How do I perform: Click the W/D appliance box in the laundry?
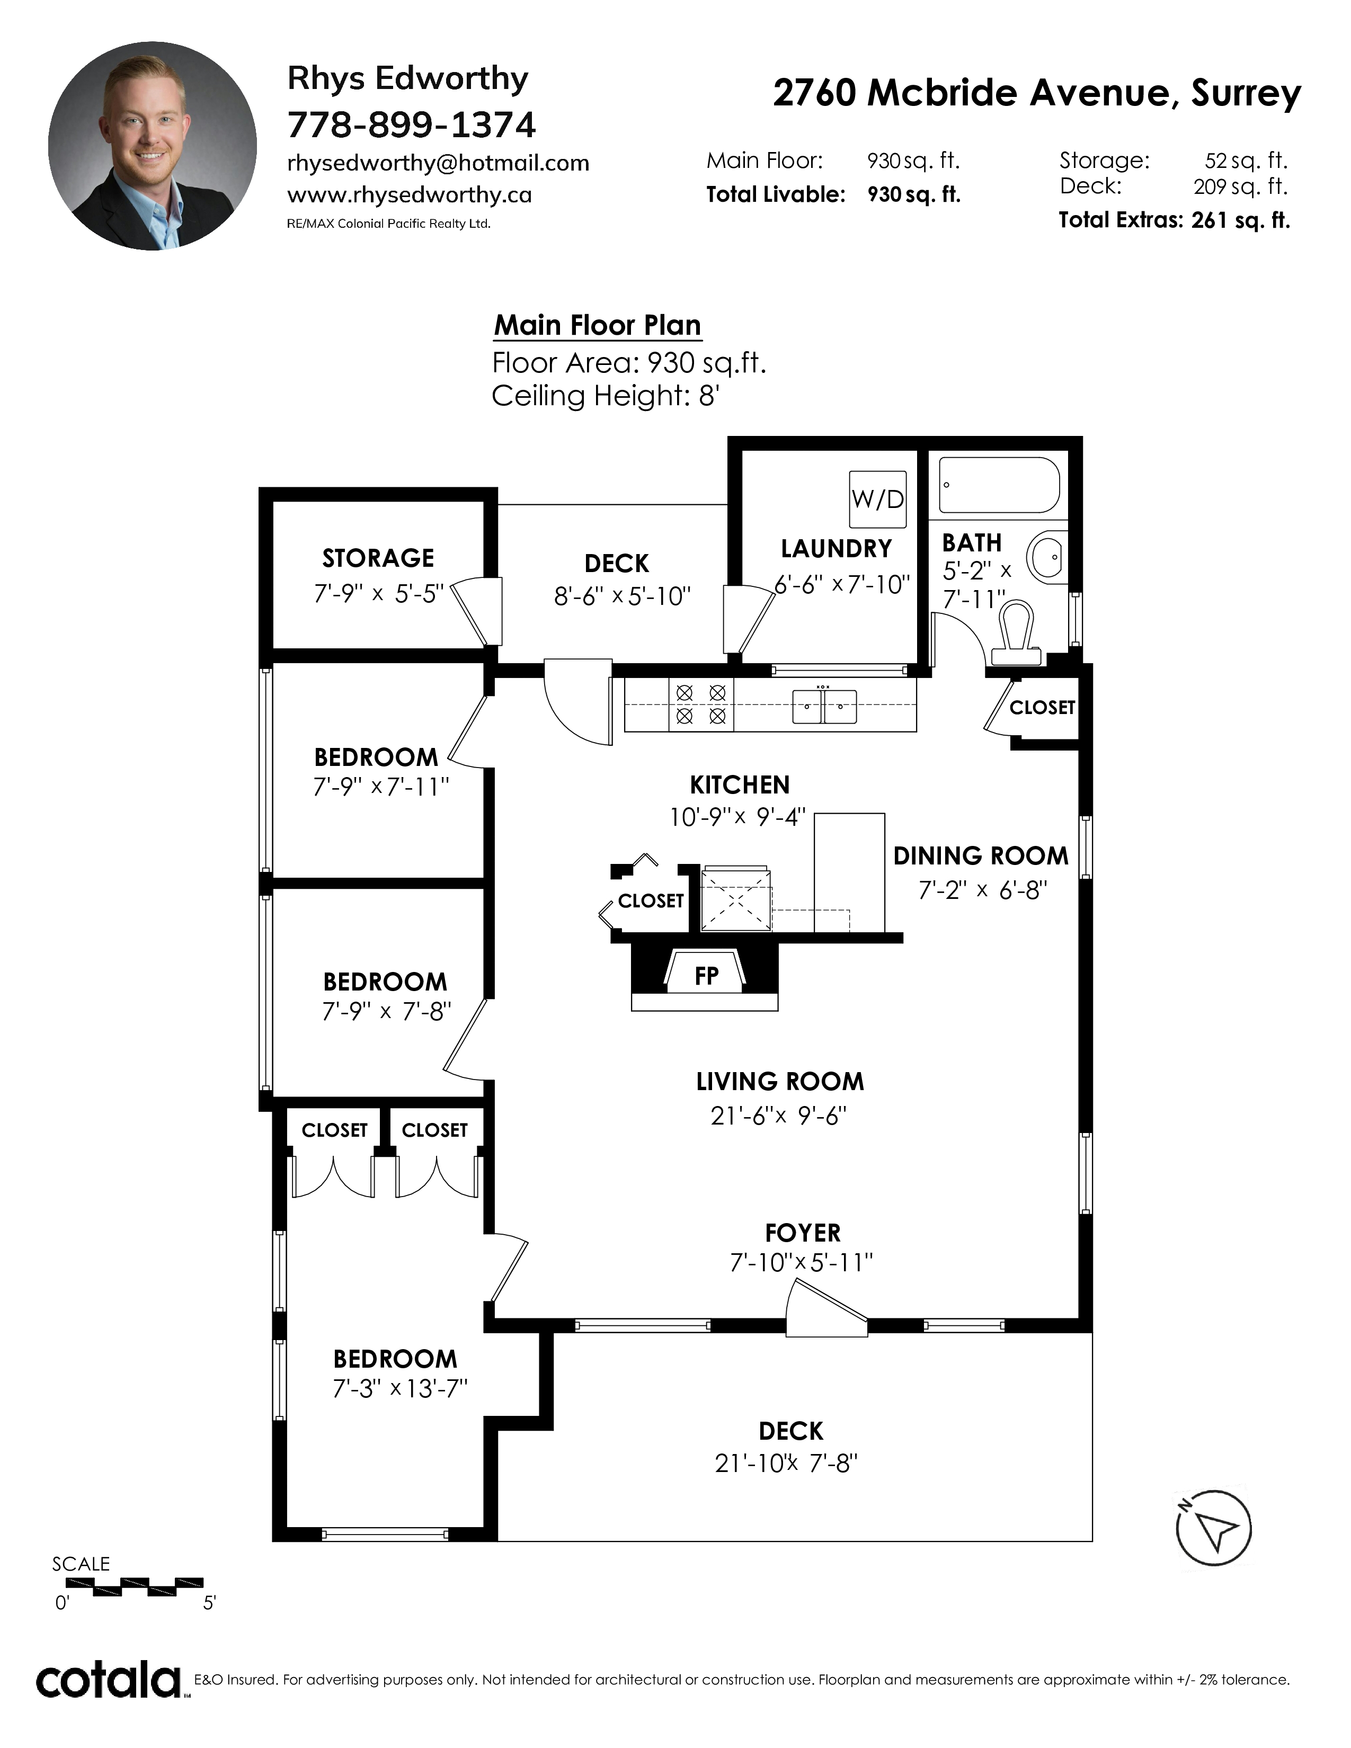(x=878, y=500)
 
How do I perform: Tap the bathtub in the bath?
(x=999, y=485)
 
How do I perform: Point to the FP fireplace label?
(x=706, y=976)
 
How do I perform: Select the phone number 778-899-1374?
(x=411, y=125)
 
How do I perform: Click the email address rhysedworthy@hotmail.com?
(x=438, y=163)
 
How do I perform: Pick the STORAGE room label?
(x=378, y=558)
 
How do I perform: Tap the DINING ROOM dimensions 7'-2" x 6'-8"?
(x=982, y=890)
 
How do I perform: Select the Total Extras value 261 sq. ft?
(x=1241, y=220)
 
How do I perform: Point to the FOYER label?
(x=803, y=1233)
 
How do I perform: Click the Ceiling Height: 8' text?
(x=606, y=395)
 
